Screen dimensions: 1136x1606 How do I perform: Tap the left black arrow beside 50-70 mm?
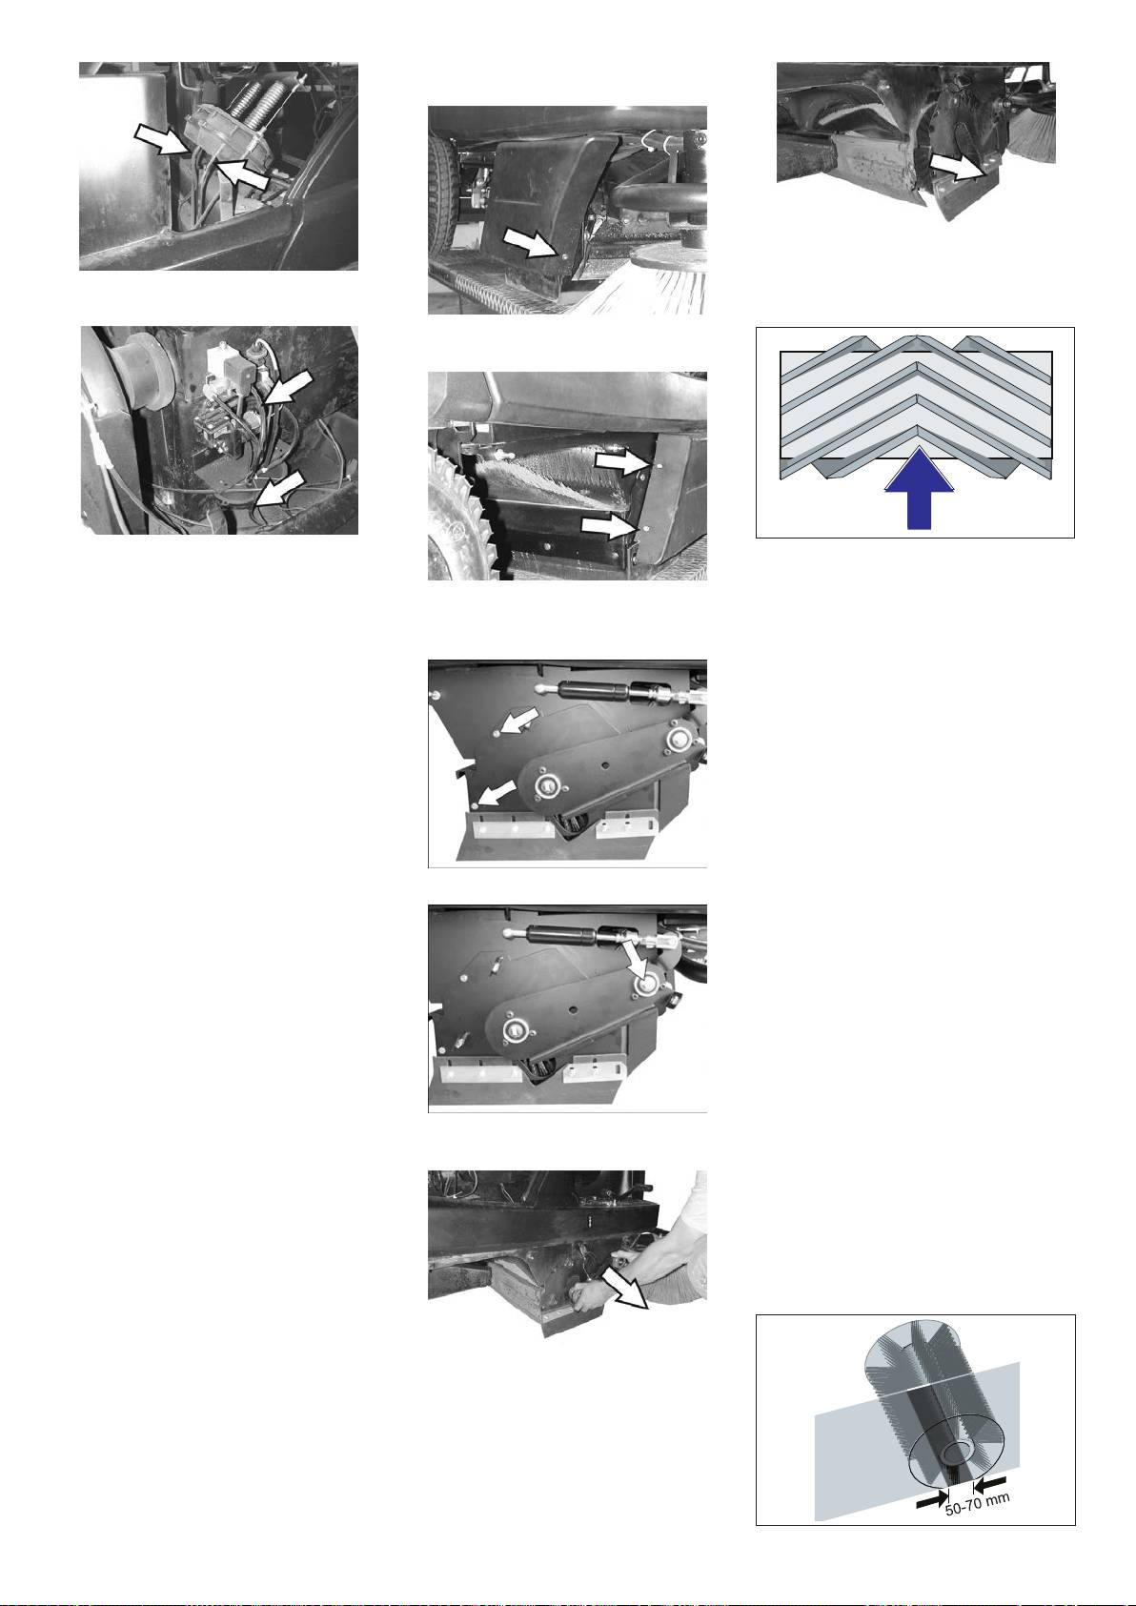click(x=932, y=1497)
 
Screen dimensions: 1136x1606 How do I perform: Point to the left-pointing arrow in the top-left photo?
click(x=243, y=173)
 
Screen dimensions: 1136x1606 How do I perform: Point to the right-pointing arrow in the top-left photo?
click(x=161, y=137)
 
